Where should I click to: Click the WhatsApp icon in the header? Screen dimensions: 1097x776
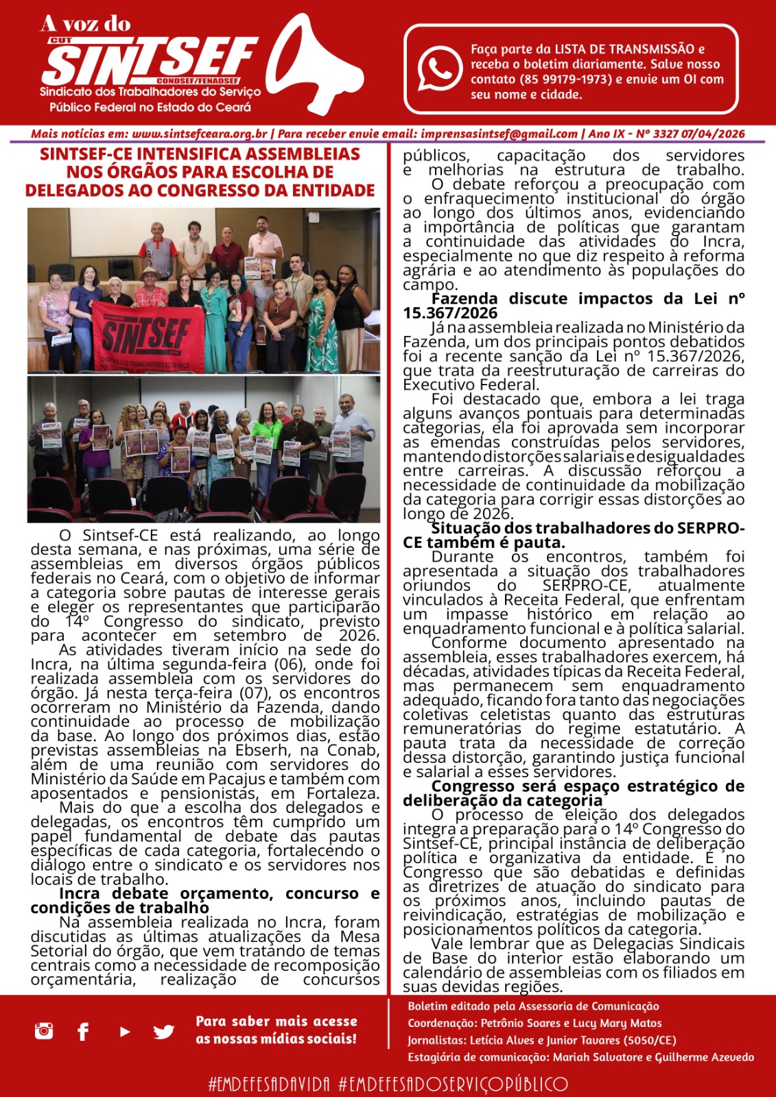pos(440,69)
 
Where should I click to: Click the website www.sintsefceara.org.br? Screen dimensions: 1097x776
pos(200,134)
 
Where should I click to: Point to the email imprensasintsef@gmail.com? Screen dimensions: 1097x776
pos(499,134)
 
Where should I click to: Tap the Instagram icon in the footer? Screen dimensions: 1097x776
pos(44,1030)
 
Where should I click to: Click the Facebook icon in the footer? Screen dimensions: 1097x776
pos(83,1031)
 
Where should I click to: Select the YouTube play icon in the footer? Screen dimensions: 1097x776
pos(125,1031)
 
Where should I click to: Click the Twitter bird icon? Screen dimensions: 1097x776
pos(163,1031)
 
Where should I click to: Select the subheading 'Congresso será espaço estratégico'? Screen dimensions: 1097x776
pos(587,786)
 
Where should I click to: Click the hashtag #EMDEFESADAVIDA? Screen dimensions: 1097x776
pos(269,1084)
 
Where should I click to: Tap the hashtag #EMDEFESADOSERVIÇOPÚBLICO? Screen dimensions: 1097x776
pos(453,1084)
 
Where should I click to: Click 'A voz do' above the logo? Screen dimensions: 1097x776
pos(86,25)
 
